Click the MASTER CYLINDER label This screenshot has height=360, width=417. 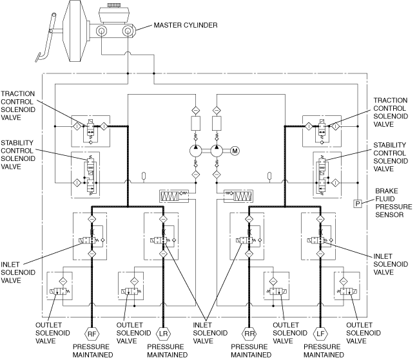186,25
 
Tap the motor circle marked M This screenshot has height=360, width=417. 235,151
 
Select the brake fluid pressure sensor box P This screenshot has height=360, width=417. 358,204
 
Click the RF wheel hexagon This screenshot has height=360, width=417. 92,334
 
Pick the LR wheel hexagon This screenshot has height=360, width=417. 163,334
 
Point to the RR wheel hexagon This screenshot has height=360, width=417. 249,334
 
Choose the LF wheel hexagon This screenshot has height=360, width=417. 320,334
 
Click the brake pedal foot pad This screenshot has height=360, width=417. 38,57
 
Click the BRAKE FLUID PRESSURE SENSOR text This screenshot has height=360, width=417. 393,203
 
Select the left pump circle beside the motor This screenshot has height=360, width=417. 196,151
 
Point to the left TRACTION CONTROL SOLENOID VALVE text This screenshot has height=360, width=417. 18,106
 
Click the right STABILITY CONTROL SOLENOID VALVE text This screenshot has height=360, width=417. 391,156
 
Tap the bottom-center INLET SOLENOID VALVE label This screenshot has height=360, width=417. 210,333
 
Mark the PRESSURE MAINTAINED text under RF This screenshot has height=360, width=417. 93,351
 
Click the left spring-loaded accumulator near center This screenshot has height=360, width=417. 174,196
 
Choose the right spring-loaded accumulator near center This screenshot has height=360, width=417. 238,196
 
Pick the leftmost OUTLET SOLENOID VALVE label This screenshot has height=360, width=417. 53,333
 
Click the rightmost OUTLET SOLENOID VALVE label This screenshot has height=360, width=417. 364,333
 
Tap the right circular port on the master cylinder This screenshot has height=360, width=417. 128,31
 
